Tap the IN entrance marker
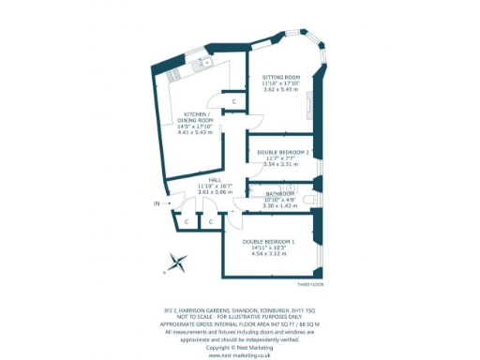[157, 202]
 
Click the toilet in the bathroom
[312, 199]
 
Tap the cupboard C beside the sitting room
[233, 101]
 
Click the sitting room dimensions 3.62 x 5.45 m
[281, 90]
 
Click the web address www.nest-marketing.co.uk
[239, 356]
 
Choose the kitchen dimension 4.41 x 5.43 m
[198, 131]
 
